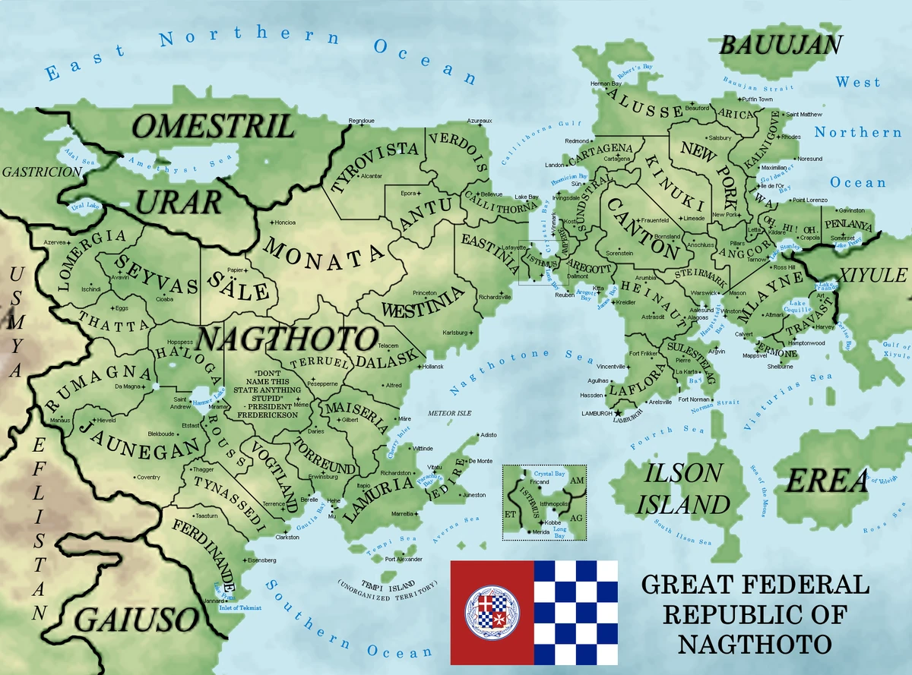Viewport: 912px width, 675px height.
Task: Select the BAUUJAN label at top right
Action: click(781, 45)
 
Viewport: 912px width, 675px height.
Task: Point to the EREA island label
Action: click(826, 481)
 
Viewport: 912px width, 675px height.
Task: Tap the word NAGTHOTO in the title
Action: click(754, 644)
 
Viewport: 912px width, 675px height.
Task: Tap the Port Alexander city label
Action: click(404, 560)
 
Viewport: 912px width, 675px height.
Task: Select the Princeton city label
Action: click(425, 292)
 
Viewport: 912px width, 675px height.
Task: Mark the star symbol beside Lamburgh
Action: click(617, 413)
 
